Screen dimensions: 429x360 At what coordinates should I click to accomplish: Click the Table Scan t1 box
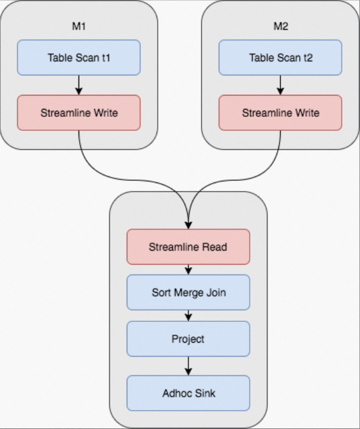click(x=79, y=58)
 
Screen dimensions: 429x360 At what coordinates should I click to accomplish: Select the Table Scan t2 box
click(x=280, y=58)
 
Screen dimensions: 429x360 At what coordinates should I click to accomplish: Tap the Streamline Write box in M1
click(x=79, y=113)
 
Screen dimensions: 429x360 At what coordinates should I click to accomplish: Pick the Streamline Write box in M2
click(x=280, y=113)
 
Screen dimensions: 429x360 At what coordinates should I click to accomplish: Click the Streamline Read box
click(x=188, y=246)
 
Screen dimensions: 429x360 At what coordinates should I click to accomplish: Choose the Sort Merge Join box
click(x=188, y=292)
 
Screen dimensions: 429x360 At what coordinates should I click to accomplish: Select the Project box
click(x=188, y=339)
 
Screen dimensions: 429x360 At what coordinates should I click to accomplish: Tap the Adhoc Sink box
click(x=188, y=392)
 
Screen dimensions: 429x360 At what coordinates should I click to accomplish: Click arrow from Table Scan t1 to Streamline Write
click(x=79, y=85)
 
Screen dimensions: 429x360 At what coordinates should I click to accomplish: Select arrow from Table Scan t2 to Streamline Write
click(x=280, y=85)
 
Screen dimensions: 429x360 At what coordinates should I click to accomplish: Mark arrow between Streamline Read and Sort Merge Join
click(x=188, y=270)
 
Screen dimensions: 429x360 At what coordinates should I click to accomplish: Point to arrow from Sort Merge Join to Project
click(x=188, y=316)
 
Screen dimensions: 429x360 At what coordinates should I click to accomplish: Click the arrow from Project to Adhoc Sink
click(x=188, y=366)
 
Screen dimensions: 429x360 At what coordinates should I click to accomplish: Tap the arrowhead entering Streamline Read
click(x=188, y=225)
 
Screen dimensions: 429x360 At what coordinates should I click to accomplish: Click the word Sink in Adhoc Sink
click(x=205, y=392)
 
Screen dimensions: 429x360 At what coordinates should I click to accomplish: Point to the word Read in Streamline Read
click(x=215, y=246)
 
